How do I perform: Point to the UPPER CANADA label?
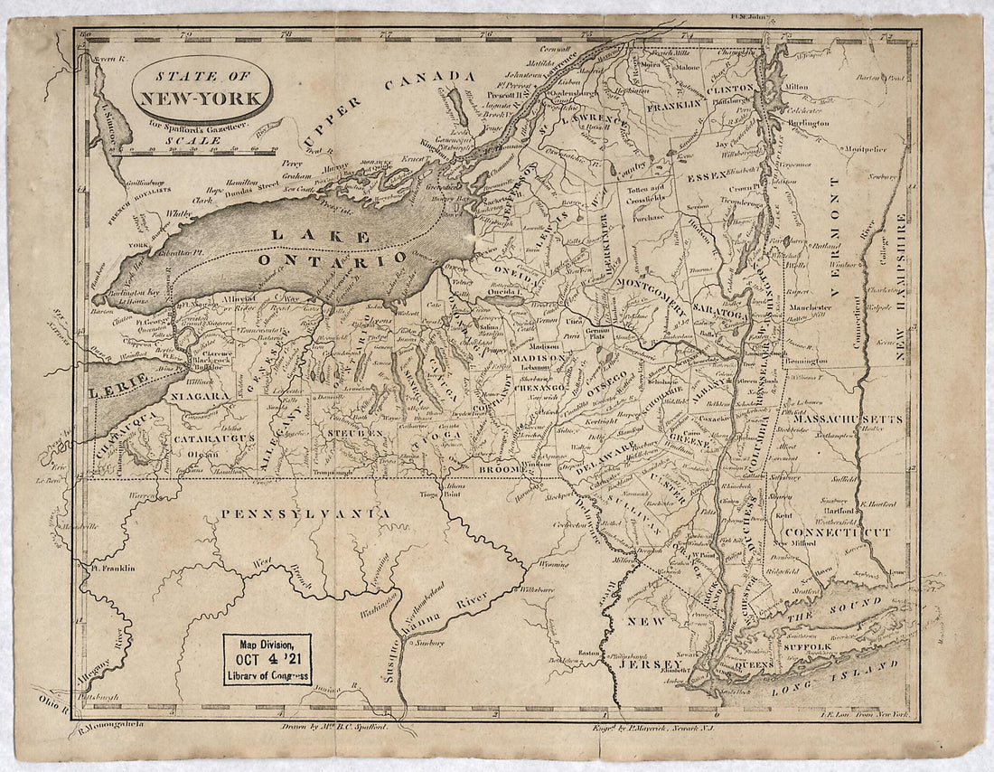tap(389, 104)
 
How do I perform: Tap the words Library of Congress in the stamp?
tap(267, 674)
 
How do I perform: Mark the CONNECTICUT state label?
tap(836, 532)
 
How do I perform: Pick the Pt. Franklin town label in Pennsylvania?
tap(111, 569)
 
